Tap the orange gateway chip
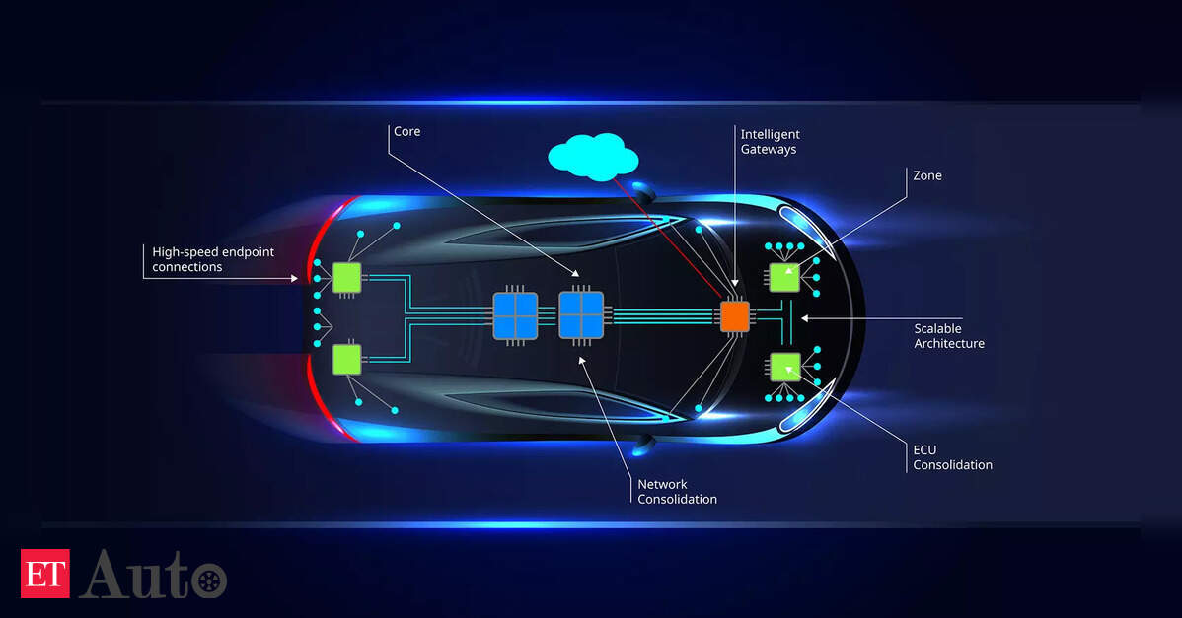point(734,315)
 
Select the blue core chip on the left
point(515,315)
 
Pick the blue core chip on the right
point(581,315)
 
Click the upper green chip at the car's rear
point(347,278)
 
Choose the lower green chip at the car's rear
point(347,359)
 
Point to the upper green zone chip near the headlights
point(784,278)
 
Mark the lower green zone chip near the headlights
point(784,367)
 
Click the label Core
point(406,131)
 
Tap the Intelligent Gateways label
point(770,141)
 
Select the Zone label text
point(927,175)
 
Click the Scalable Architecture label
point(949,336)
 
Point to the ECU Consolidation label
point(952,457)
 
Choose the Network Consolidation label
point(677,491)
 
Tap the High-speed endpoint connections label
point(213,259)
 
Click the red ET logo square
point(45,574)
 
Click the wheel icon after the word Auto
point(207,580)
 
